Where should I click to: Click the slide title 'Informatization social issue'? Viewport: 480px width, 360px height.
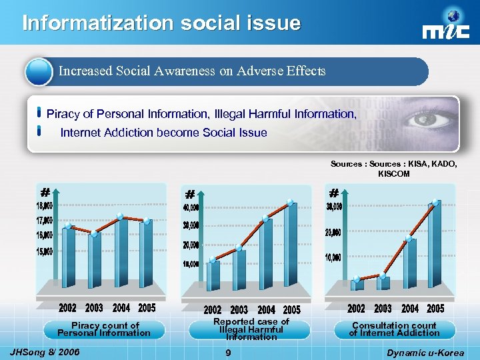161,23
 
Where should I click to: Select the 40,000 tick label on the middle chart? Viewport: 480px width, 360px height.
190,209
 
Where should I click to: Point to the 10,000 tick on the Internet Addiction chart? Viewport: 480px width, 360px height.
333,257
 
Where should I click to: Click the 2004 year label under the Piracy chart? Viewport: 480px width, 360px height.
121,308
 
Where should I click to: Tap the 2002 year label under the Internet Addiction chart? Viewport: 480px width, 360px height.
356,309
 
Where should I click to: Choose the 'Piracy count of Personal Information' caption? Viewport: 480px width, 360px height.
105,329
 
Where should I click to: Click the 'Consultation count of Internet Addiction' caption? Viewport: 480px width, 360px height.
394,329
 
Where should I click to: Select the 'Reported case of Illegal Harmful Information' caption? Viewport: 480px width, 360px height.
251,329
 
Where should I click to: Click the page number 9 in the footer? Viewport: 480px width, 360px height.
228,352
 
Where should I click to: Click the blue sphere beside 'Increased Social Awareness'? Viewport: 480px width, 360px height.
39,71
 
